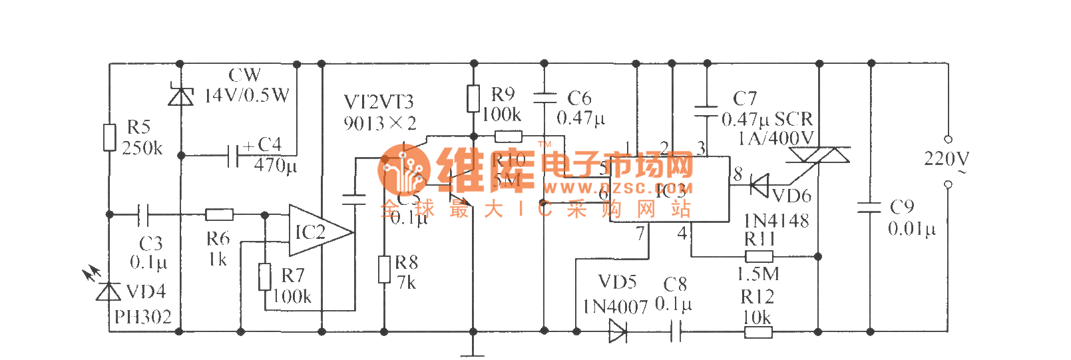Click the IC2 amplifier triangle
pyautogui.click(x=318, y=231)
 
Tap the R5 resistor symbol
pyautogui.click(x=110, y=137)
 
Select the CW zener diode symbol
pyautogui.click(x=180, y=96)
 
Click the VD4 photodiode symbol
pyautogui.click(x=109, y=291)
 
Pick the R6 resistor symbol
pyautogui.click(x=219, y=214)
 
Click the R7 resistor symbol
pyautogui.click(x=265, y=276)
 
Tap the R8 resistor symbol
pyautogui.click(x=384, y=270)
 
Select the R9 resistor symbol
pyautogui.click(x=473, y=98)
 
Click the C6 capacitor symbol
pyautogui.click(x=544, y=98)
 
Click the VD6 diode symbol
pyautogui.click(x=759, y=185)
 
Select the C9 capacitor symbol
pyautogui.click(x=870, y=207)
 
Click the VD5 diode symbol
pyautogui.click(x=618, y=331)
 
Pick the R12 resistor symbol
pyautogui.click(x=758, y=331)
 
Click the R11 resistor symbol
pyautogui.click(x=759, y=256)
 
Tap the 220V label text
pyautogui.click(x=947, y=159)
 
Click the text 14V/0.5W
pyautogui.click(x=247, y=96)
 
